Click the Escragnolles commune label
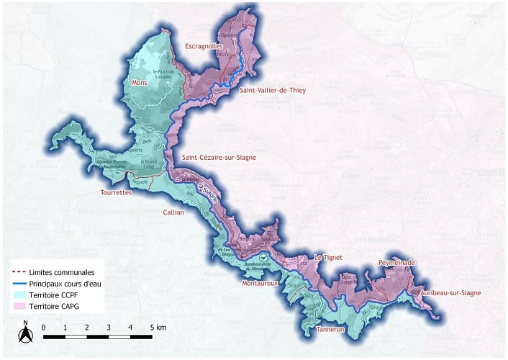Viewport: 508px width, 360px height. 204,46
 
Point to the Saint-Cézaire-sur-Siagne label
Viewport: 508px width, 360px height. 219,157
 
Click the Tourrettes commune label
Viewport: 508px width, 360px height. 117,192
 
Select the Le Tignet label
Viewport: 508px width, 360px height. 328,257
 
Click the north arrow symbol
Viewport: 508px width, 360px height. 25,332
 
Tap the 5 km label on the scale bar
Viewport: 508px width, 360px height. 158,328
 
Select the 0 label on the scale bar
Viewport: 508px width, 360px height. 44,328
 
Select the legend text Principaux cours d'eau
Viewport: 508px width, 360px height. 65,284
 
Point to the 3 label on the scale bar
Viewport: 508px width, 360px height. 109,328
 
